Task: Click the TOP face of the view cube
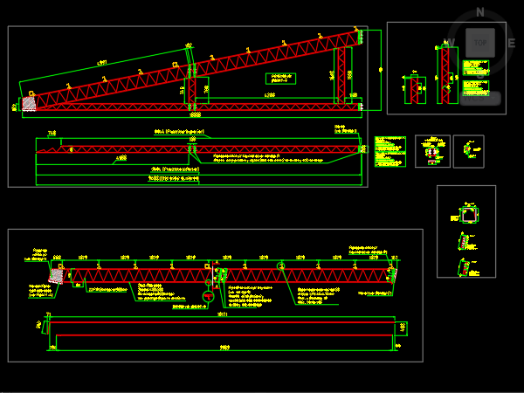click(x=479, y=41)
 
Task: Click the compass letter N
click(x=479, y=12)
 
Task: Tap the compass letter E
click(x=511, y=41)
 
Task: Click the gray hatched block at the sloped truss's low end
click(x=29, y=104)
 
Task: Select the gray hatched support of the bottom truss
click(x=57, y=275)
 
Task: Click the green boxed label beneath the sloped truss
click(x=280, y=79)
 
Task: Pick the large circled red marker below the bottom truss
click(x=208, y=297)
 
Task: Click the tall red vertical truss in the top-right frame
click(x=447, y=75)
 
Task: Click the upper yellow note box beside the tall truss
click(x=475, y=67)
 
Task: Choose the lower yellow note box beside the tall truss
click(x=475, y=88)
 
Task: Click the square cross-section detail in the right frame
click(x=469, y=214)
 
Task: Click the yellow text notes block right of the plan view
click(x=390, y=151)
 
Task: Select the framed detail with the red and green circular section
click(x=432, y=151)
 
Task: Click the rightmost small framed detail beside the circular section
click(x=468, y=150)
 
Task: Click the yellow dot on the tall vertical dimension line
click(x=381, y=69)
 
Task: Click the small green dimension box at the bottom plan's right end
click(x=402, y=328)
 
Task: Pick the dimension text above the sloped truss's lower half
click(x=101, y=63)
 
